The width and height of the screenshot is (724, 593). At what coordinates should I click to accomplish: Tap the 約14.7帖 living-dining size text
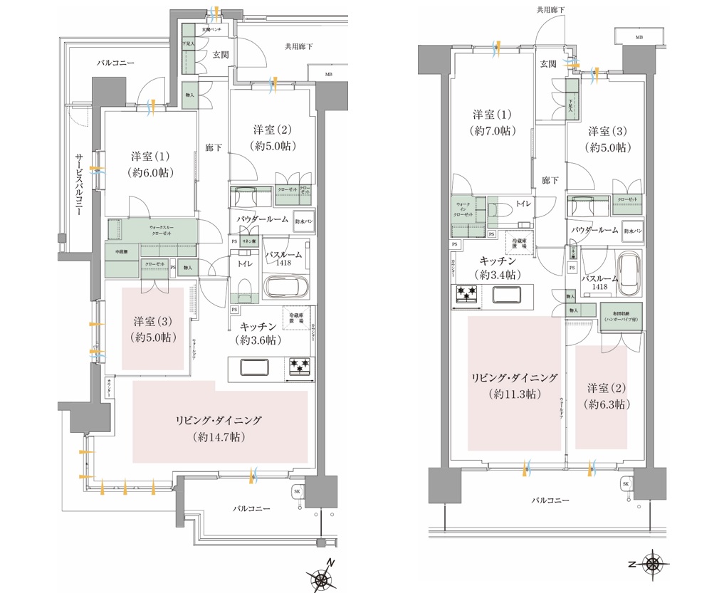coord(219,437)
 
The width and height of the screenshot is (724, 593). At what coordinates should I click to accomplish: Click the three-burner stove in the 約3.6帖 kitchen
coord(300,367)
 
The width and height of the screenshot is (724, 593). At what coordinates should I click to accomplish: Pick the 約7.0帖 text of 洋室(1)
coord(493,131)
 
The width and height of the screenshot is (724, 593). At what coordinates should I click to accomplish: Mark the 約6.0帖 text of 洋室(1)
coord(150,172)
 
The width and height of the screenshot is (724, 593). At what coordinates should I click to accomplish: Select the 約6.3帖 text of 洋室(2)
coord(606,404)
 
